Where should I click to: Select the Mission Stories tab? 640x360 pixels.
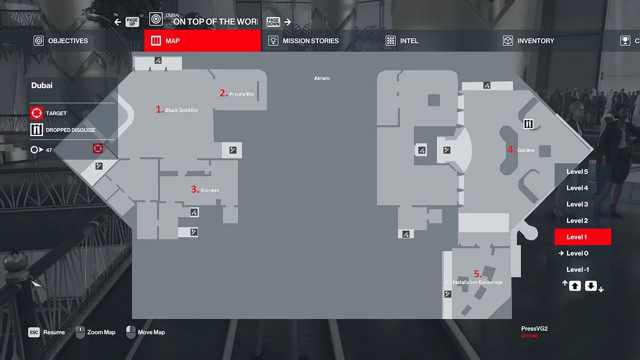[x=303, y=41]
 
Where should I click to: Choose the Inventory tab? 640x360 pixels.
[x=529, y=41]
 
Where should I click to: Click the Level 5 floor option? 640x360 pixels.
[x=577, y=172]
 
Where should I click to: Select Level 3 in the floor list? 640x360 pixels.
[x=577, y=204]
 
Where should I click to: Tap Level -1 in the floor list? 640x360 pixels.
[x=577, y=269]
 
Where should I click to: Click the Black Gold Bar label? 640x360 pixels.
[x=182, y=110]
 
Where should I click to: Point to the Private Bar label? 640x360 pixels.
[x=242, y=94]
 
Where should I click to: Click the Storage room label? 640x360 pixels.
[x=210, y=190]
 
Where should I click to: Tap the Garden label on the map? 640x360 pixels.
[x=526, y=150]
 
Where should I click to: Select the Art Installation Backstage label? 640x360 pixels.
[x=474, y=282]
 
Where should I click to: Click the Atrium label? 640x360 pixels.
[x=322, y=78]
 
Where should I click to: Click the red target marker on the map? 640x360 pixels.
[x=97, y=148]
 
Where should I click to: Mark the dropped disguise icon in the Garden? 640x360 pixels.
[x=529, y=124]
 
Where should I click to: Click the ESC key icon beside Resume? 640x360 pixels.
[x=34, y=332]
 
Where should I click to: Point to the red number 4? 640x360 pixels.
[x=511, y=150]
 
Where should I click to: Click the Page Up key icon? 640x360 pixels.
[x=132, y=22]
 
